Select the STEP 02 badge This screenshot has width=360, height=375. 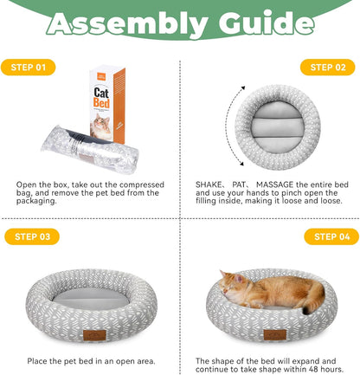tap(327, 67)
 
